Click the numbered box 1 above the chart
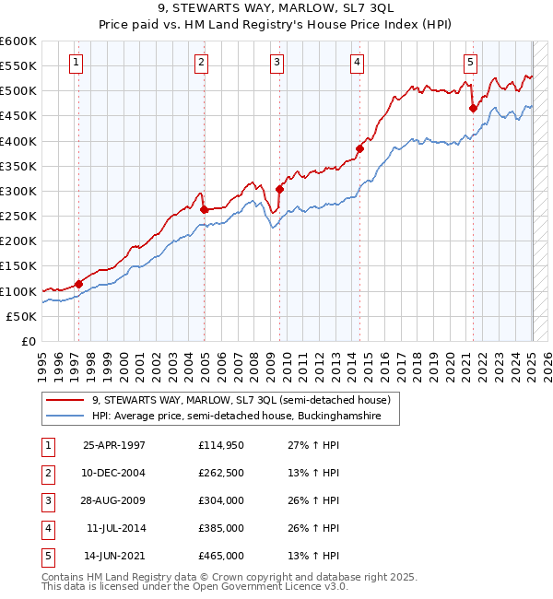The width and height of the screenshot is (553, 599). pyautogui.click(x=75, y=63)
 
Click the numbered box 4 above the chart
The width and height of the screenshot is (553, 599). pyautogui.click(x=357, y=63)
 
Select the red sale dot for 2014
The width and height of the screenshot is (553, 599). pyautogui.click(x=360, y=148)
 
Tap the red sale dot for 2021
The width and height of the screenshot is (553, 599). pyautogui.click(x=474, y=108)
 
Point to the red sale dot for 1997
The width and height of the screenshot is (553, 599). pyautogui.click(x=79, y=283)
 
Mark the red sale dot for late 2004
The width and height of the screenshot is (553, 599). pyautogui.click(x=205, y=209)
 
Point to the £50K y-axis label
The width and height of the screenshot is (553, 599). pyautogui.click(x=21, y=316)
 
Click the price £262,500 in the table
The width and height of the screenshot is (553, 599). pyautogui.click(x=220, y=473)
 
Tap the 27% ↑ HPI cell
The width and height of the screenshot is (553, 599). pyautogui.click(x=307, y=445)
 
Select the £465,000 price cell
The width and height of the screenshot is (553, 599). pyautogui.click(x=220, y=556)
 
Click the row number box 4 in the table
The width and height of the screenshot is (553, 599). pyautogui.click(x=47, y=528)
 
